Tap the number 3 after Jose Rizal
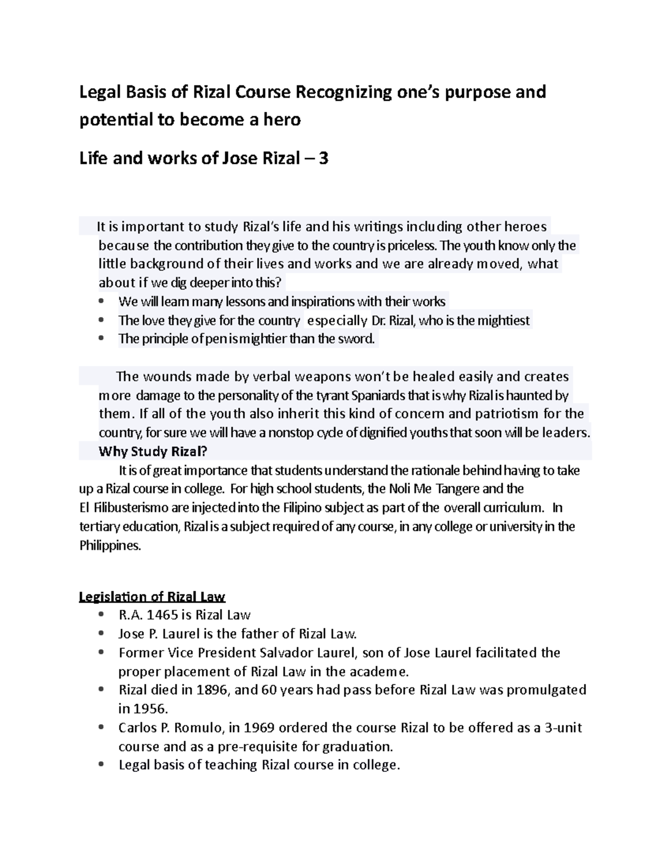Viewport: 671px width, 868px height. coord(323,159)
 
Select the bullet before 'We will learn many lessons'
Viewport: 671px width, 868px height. coord(101,302)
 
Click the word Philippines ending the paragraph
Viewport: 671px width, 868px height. coord(110,546)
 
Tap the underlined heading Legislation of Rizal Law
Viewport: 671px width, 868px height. coord(152,597)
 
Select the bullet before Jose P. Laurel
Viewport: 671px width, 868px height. coord(101,634)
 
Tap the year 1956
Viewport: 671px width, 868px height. coord(148,709)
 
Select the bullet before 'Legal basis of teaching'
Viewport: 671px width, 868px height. coord(101,765)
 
